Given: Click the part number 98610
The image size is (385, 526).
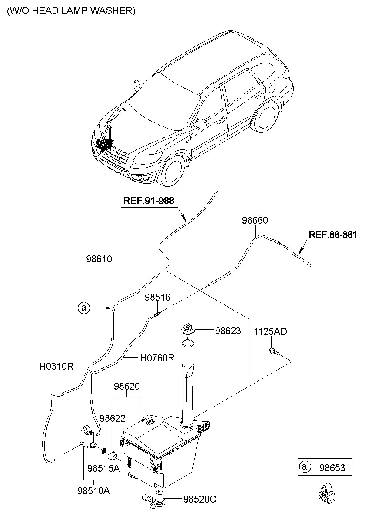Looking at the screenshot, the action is click(x=99, y=259).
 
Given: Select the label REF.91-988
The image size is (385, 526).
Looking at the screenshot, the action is click(x=149, y=201).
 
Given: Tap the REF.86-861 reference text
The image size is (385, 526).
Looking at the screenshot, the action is click(x=333, y=235).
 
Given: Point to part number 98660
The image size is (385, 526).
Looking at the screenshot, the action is click(x=255, y=220).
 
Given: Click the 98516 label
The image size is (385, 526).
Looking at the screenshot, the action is click(x=157, y=297).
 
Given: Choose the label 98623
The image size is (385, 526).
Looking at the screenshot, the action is click(x=228, y=331).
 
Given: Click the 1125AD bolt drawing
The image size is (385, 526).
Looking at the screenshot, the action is click(x=274, y=351).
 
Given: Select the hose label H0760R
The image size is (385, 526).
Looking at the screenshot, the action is click(x=157, y=358).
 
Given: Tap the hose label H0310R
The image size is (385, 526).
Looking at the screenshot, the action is click(x=56, y=366).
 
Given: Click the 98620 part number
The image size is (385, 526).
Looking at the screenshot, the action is click(x=127, y=386).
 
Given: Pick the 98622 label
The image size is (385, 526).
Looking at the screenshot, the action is click(x=113, y=418).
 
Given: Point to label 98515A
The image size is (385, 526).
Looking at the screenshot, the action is click(x=103, y=469).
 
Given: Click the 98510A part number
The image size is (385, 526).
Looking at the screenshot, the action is click(x=94, y=491).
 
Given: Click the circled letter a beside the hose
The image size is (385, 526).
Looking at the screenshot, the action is click(x=84, y=308).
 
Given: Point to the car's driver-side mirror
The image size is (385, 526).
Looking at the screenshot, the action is click(x=200, y=123).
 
